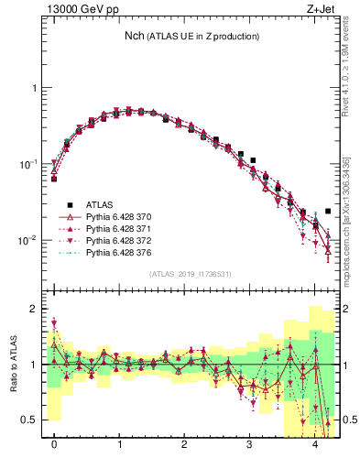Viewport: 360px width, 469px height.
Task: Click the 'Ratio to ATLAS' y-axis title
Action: [x=14, y=364]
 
